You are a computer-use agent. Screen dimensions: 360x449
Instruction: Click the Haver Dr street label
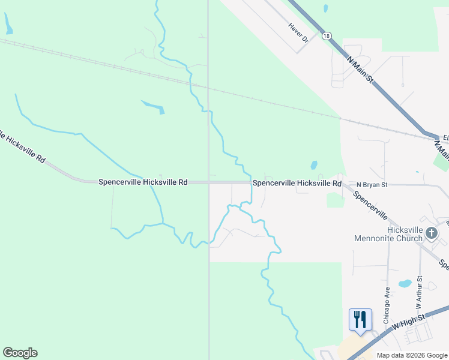(x=298, y=33)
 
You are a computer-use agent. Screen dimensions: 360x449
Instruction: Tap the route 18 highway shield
(x=326, y=36)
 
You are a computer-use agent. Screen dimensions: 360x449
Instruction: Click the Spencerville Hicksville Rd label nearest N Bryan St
(x=297, y=182)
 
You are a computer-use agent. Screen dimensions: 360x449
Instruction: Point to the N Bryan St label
(x=372, y=185)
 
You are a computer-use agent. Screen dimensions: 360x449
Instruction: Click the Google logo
(x=20, y=353)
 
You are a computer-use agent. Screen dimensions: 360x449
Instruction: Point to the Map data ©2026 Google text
(x=411, y=355)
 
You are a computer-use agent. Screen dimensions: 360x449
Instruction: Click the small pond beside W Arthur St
(x=405, y=283)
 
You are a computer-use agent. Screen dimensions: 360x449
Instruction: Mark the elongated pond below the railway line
(x=154, y=107)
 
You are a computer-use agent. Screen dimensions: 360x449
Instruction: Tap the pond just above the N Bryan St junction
(x=313, y=165)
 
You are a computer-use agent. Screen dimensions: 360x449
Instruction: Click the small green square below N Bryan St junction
(x=335, y=200)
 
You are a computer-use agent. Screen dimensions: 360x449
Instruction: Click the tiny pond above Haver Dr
(x=325, y=9)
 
